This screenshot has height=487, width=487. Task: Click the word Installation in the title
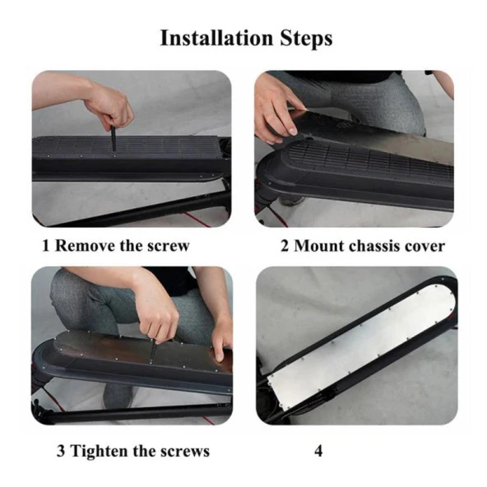click(216, 38)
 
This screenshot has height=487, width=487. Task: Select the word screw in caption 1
click(168, 246)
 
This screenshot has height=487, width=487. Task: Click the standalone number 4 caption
click(318, 451)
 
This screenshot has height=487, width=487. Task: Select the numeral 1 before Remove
click(46, 246)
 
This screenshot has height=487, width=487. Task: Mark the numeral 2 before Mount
click(285, 246)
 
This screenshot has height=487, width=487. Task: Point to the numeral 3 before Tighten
click(61, 451)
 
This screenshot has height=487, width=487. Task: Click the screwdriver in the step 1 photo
click(114, 137)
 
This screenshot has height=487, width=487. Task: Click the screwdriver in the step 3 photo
click(153, 351)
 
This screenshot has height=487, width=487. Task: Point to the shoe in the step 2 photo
click(291, 201)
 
